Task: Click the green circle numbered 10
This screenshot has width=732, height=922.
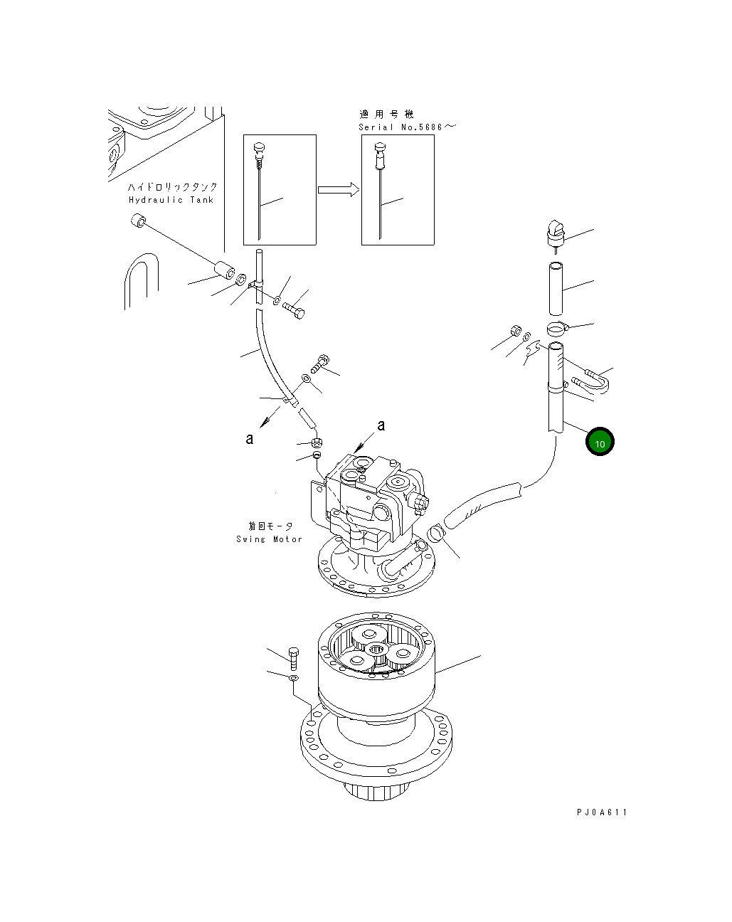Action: pos(600,442)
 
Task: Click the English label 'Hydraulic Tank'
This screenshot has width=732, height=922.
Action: pos(171,200)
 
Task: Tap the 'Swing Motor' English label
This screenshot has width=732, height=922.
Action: pos(270,539)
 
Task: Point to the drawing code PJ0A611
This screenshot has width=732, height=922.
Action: pos(602,812)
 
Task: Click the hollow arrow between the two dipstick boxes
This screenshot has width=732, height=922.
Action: pos(339,189)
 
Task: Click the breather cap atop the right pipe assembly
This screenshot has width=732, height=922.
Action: pos(555,233)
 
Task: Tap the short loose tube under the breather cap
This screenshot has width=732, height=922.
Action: pos(555,288)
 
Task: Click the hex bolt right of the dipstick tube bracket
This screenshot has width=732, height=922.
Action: pos(293,310)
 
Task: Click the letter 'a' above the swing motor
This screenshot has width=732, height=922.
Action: pos(381,425)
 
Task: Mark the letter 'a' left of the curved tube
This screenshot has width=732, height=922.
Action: pos(250,439)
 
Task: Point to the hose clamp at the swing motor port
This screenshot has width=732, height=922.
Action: pos(435,532)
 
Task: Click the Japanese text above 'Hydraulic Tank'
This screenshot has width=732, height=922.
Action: pos(173,186)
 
